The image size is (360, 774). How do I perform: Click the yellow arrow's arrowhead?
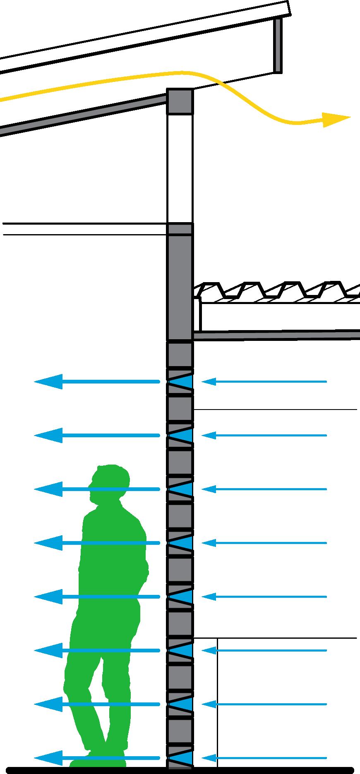click(337, 119)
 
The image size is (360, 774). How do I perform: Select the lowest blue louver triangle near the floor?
click(187, 758)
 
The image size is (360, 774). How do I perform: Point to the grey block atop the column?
click(180, 101)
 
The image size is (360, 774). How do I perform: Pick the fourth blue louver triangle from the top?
click(186, 543)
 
